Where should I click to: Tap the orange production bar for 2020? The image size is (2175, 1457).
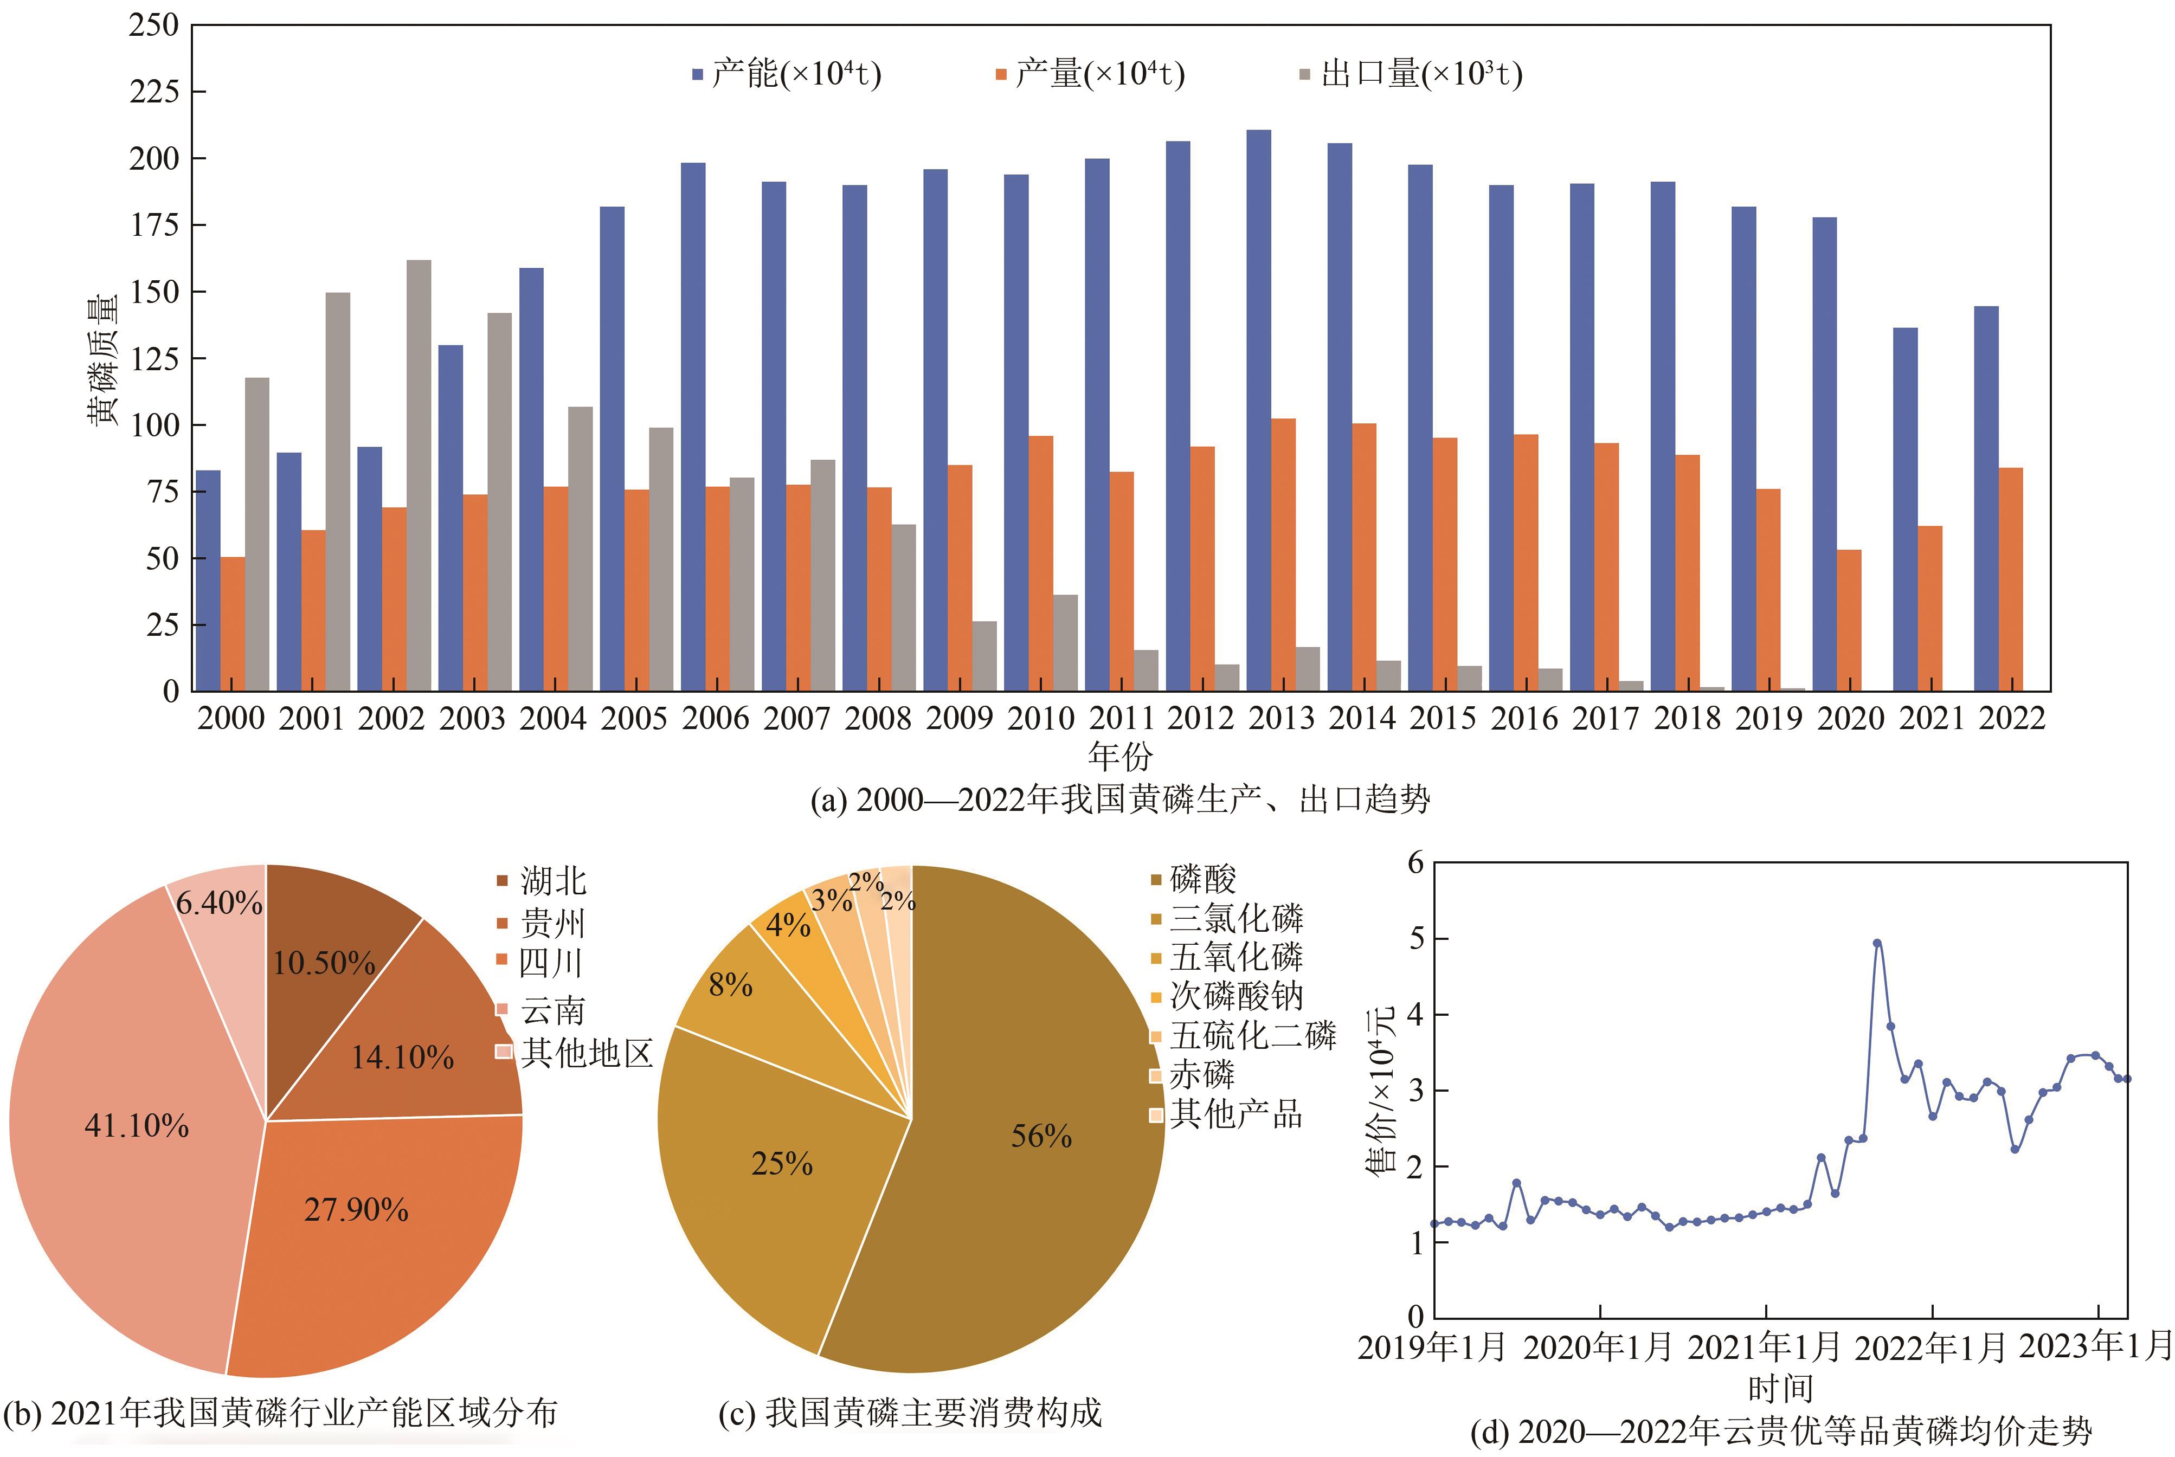pos(1849,621)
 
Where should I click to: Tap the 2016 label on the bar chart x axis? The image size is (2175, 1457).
pos(1524,718)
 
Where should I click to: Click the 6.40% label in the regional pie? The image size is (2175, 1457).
pos(219,903)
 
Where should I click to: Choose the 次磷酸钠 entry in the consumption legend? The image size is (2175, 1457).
pos(1235,996)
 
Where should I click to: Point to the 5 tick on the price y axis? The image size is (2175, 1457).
pos(1416,938)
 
